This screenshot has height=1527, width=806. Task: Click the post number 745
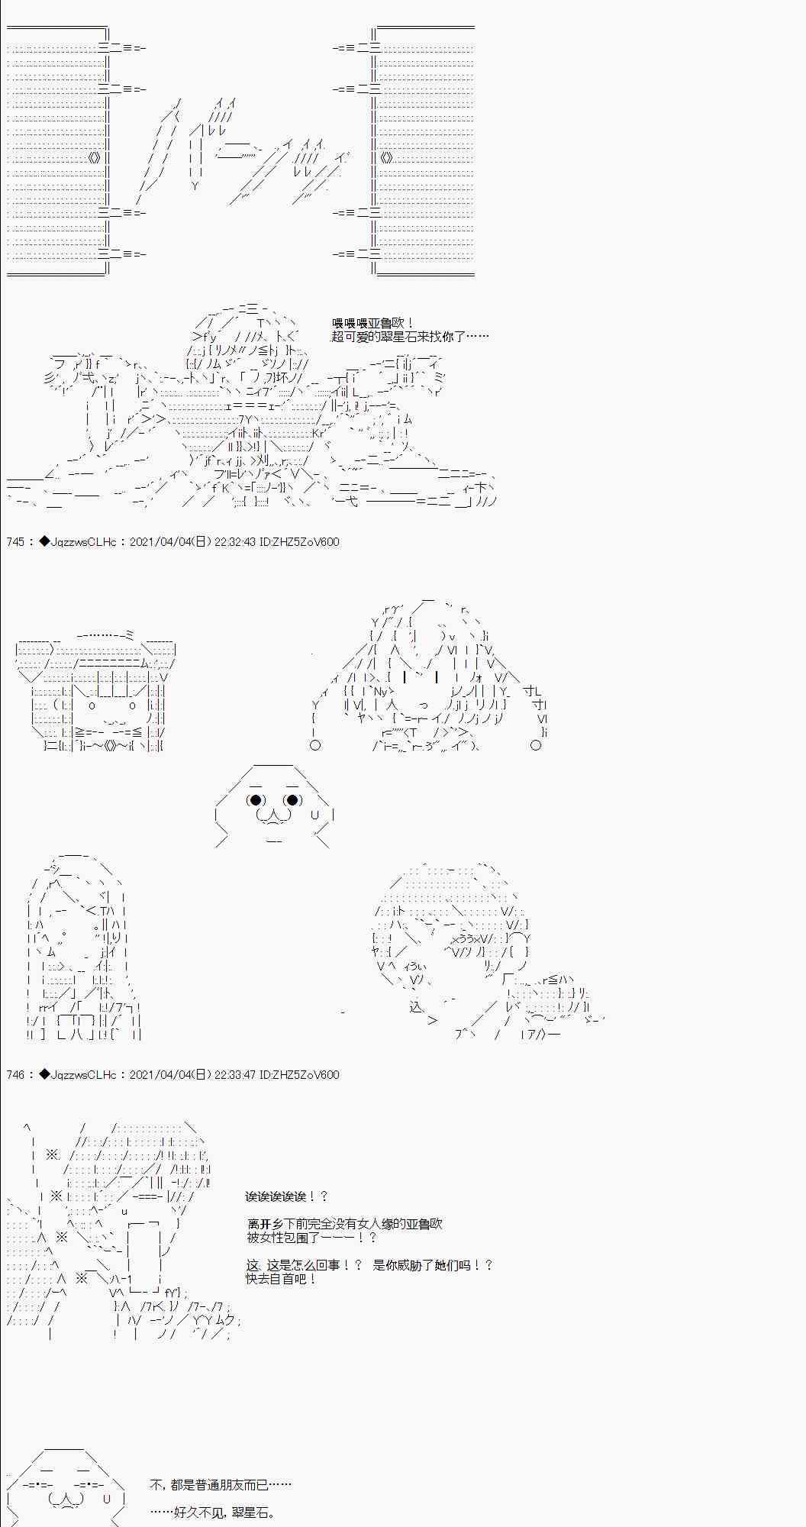tap(15, 542)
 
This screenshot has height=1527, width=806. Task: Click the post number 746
tap(15, 1075)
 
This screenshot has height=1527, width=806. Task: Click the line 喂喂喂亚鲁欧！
tap(373, 324)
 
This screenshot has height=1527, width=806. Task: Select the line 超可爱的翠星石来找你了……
tap(410, 337)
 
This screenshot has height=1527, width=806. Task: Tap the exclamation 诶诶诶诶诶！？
tap(286, 1196)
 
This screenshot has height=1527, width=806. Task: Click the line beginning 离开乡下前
tap(344, 1224)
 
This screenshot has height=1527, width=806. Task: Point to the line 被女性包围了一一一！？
tap(311, 1237)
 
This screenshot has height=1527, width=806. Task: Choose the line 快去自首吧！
tap(281, 1278)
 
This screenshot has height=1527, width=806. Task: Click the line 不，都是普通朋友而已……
tap(221, 1485)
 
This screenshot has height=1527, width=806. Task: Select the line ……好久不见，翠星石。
tap(212, 1512)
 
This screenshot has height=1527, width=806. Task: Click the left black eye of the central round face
tap(256, 800)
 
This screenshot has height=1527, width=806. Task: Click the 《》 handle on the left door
tap(94, 158)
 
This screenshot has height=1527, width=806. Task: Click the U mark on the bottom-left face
tap(108, 1499)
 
